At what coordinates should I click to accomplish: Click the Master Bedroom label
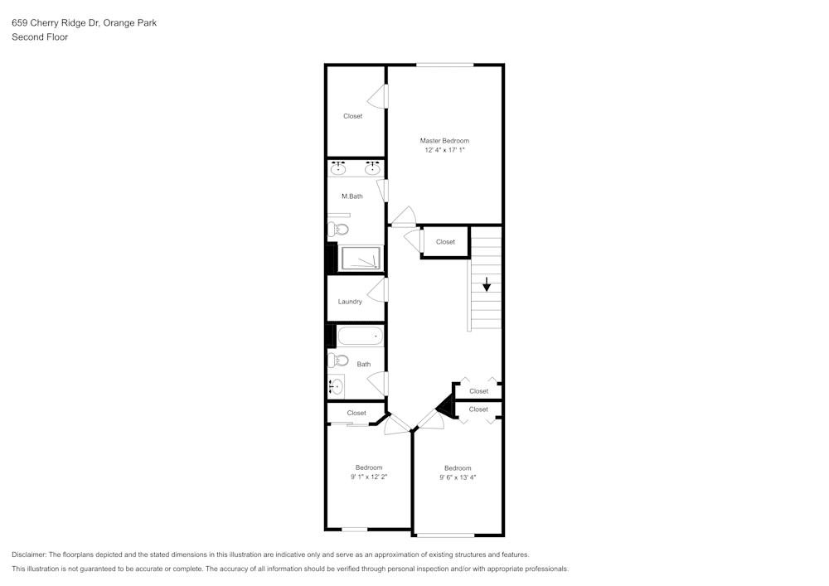(x=444, y=141)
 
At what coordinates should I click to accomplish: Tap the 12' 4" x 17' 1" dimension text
(x=444, y=150)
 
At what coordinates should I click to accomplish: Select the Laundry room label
(x=350, y=302)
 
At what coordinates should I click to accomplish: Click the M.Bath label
(x=352, y=196)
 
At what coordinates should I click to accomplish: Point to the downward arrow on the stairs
(x=487, y=284)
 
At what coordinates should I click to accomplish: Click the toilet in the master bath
(x=338, y=230)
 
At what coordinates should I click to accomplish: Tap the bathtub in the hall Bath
(x=360, y=336)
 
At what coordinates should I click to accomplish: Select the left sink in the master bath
(x=338, y=168)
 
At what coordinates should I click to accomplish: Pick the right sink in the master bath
(x=373, y=168)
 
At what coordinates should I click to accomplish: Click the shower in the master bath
(x=361, y=259)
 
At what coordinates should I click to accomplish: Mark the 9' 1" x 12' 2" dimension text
(x=369, y=477)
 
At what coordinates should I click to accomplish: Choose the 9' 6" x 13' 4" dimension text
(x=458, y=477)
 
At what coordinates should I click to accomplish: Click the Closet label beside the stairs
(x=445, y=242)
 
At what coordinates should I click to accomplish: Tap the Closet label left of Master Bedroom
(x=352, y=116)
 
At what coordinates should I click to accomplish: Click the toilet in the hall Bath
(x=338, y=361)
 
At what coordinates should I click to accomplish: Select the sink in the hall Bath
(x=336, y=386)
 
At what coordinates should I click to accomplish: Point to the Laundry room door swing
(x=377, y=290)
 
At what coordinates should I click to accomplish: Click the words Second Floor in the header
(x=40, y=37)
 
